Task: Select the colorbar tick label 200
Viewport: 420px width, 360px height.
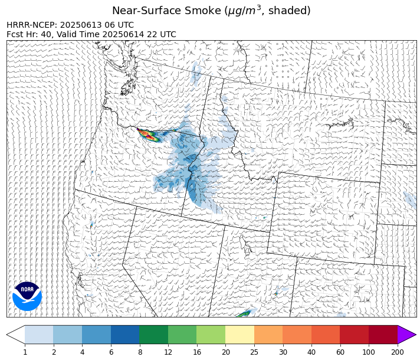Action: click(x=397, y=352)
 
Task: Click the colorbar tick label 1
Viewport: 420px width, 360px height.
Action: click(x=25, y=352)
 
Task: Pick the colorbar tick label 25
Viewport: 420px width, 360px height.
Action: click(x=254, y=352)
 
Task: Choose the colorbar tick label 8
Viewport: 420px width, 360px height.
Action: click(x=139, y=352)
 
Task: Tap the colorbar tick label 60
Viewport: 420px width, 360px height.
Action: click(x=340, y=352)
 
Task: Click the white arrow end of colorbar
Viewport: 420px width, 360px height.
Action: click(x=16, y=335)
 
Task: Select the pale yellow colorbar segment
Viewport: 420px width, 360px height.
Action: click(x=239, y=335)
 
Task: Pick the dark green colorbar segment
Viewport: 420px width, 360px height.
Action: click(x=153, y=335)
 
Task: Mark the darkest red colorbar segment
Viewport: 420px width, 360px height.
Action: click(x=383, y=335)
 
